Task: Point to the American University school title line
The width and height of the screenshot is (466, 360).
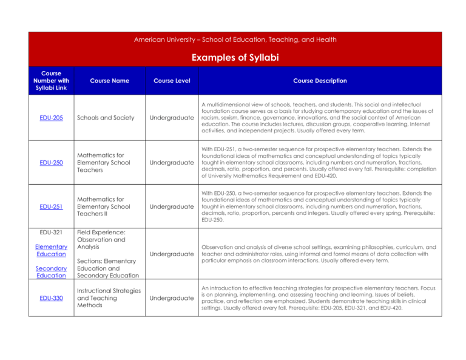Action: point(235,39)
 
